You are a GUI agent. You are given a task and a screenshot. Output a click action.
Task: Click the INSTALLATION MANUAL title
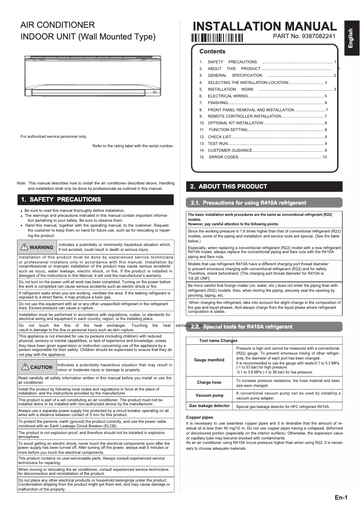tap(264, 26)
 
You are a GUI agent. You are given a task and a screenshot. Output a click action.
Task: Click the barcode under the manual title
tap(217, 38)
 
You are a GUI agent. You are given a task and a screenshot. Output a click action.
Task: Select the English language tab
tap(351, 38)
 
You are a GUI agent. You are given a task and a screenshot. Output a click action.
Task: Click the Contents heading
tap(212, 52)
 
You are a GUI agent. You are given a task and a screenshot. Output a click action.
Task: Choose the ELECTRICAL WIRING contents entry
tap(228, 96)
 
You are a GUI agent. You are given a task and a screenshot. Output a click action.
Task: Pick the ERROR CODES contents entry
tap(223, 157)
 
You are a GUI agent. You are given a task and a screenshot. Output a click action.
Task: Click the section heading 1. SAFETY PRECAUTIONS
tap(61, 199)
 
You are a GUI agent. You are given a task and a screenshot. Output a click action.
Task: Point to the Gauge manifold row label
tap(209, 360)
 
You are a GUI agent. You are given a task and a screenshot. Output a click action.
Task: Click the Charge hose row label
tap(209, 382)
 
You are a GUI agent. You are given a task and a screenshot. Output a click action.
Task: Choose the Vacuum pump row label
tap(209, 395)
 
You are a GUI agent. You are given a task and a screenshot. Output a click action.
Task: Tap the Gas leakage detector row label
tap(209, 406)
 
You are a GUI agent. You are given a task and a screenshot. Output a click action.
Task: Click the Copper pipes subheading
tap(199, 417)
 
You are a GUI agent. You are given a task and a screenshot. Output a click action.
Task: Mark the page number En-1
tap(341, 497)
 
